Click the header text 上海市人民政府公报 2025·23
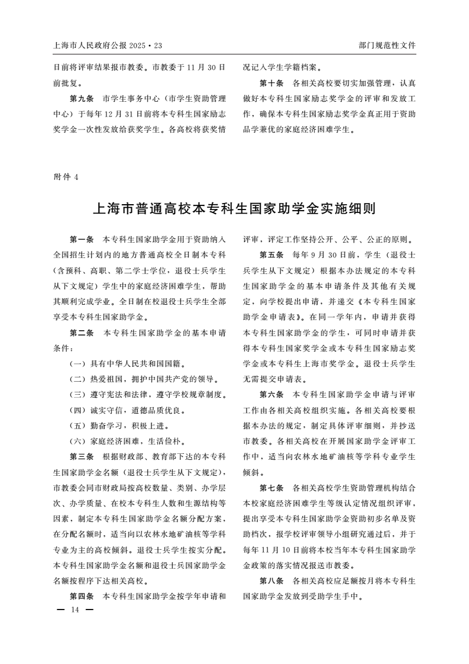pos(107,45)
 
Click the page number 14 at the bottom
pos(75,609)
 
